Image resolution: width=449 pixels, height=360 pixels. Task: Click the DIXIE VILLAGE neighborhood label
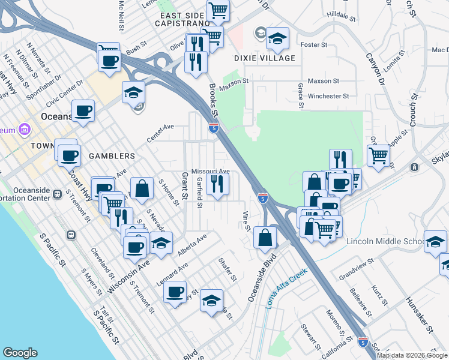click(x=265, y=58)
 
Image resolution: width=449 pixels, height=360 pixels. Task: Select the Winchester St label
click(x=328, y=96)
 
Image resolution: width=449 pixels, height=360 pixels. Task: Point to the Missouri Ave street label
click(x=211, y=171)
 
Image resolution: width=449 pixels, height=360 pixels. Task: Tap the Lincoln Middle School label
click(x=385, y=242)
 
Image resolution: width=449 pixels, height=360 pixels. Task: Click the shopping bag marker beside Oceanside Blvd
click(x=265, y=238)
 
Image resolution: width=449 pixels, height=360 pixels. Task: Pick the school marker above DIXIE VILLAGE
click(x=277, y=39)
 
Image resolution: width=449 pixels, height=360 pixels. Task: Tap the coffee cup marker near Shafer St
click(x=175, y=292)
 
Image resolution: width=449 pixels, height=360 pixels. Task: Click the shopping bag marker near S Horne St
click(x=141, y=188)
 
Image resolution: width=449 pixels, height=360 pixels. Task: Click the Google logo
click(x=20, y=353)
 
